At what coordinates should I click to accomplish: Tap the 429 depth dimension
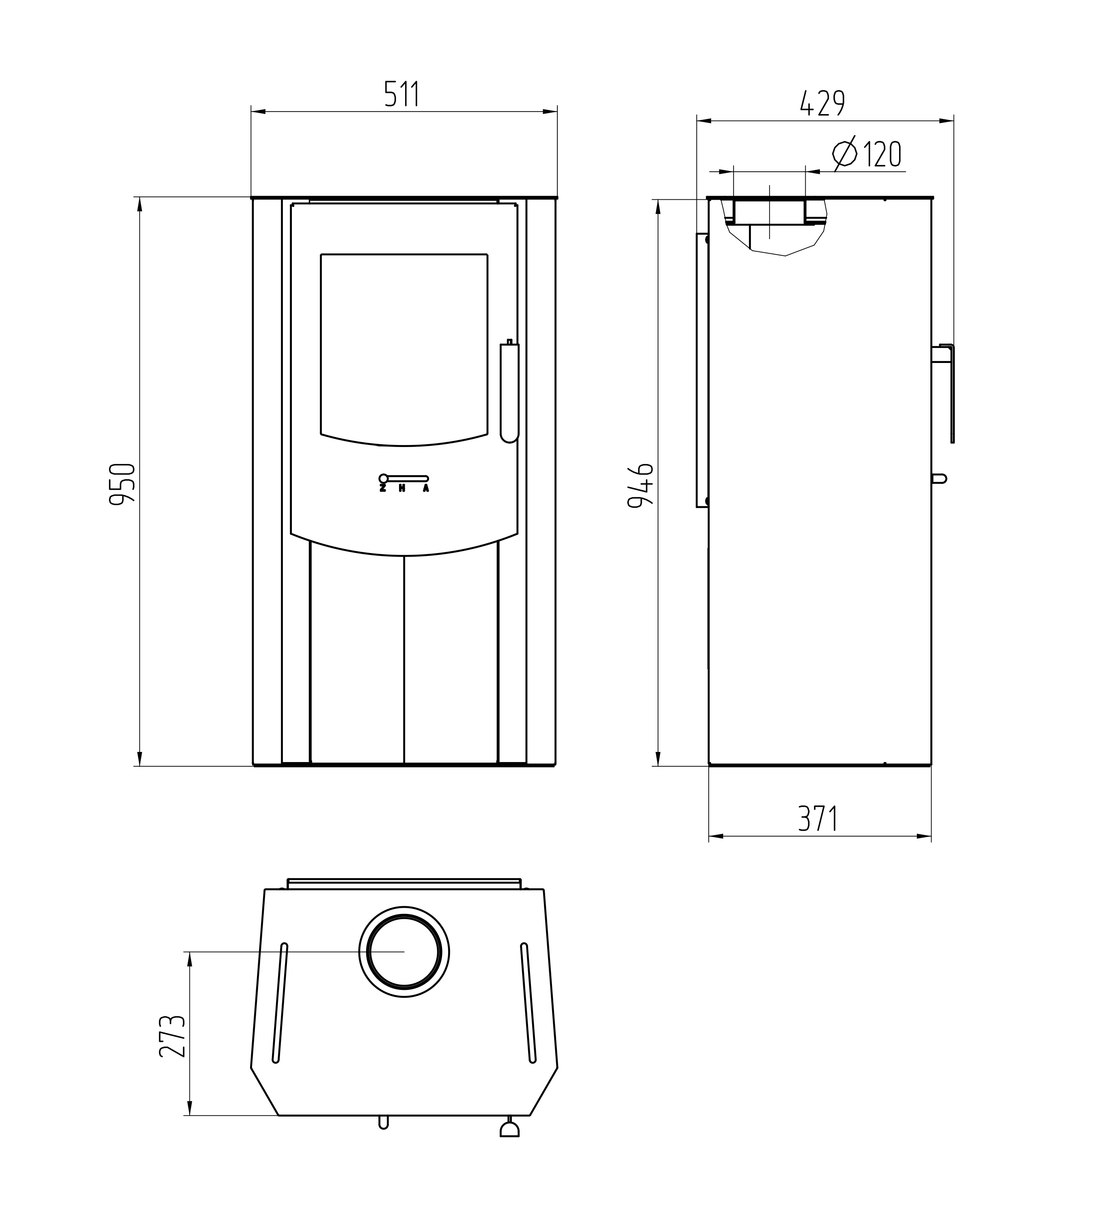822,104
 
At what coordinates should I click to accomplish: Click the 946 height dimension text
641,486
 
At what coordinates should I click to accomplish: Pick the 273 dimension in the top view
172,1036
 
